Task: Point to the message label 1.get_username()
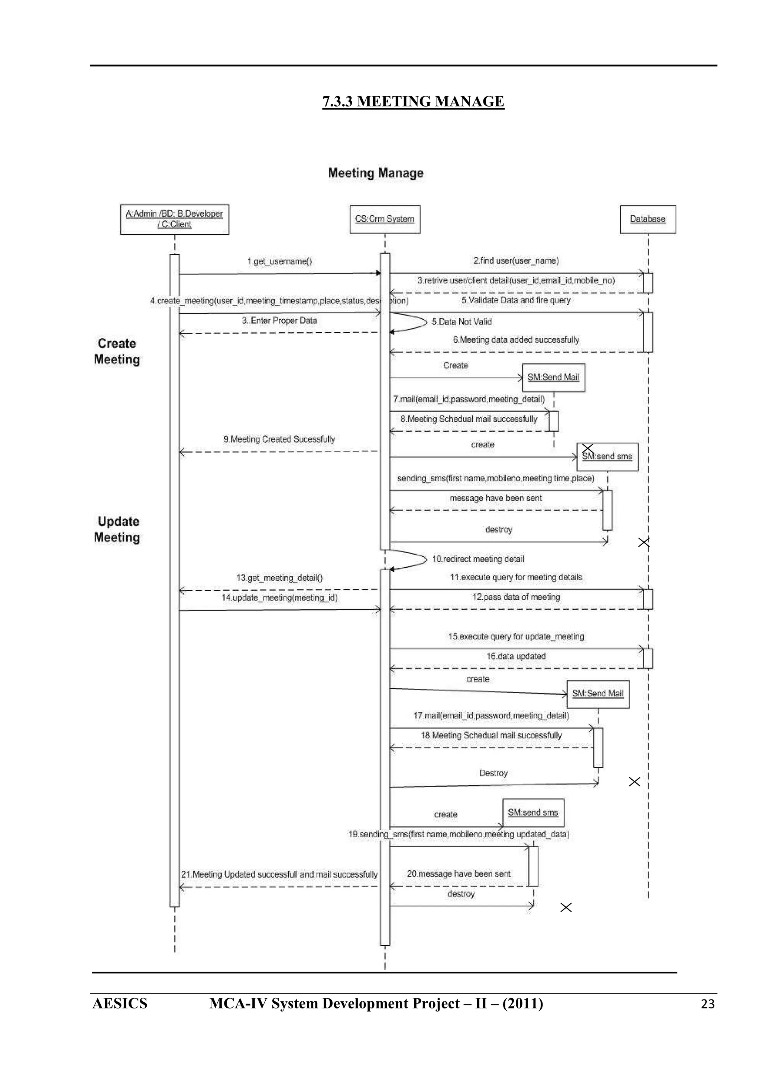[279, 261]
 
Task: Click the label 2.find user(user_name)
[516, 261]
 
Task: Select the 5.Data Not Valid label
[462, 322]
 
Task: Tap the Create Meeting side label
[117, 352]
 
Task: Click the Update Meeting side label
[117, 529]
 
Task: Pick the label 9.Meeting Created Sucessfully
[279, 439]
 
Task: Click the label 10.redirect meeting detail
[478, 559]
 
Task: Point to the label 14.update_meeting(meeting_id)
[279, 597]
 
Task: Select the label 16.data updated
[516, 656]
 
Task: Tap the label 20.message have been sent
[459, 874]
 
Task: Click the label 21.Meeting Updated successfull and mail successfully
[279, 874]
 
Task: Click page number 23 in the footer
[707, 1004]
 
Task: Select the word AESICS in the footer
[120, 1003]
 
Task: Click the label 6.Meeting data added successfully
[516, 340]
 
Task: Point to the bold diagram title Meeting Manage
[376, 173]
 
